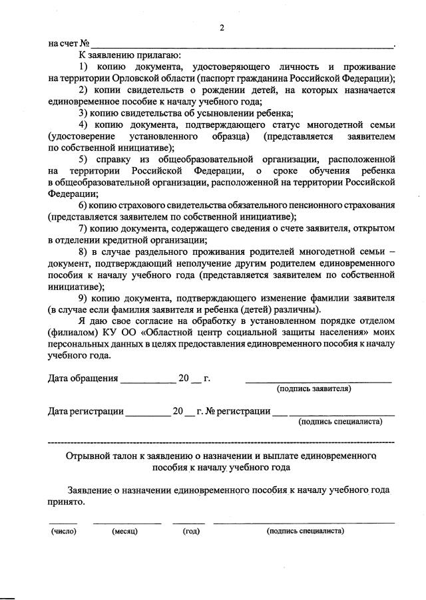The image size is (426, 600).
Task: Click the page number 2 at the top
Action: (222, 28)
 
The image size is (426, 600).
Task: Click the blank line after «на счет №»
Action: (240, 44)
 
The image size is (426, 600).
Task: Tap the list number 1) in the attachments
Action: (85, 67)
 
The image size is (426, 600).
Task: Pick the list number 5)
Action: (85, 159)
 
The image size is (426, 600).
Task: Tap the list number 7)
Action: (85, 228)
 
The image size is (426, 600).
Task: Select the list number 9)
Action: (85, 297)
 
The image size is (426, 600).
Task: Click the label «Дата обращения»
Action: (83, 379)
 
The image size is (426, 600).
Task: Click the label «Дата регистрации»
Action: (86, 411)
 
